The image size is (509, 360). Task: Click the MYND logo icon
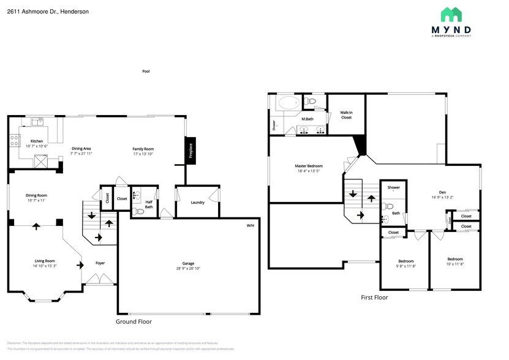coord(455,15)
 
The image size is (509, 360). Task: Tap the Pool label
coord(146,71)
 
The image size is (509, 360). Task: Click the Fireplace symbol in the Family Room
coord(190,150)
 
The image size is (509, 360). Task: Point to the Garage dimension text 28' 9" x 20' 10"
coord(187,268)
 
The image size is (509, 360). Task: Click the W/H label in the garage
coord(250,225)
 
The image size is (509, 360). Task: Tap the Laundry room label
coord(197,202)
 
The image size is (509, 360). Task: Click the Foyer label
coord(100,263)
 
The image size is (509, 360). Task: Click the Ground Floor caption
coord(134,321)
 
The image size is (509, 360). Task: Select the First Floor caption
coord(374,298)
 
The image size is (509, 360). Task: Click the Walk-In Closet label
coord(346,114)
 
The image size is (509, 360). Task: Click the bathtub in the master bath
coord(288,102)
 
